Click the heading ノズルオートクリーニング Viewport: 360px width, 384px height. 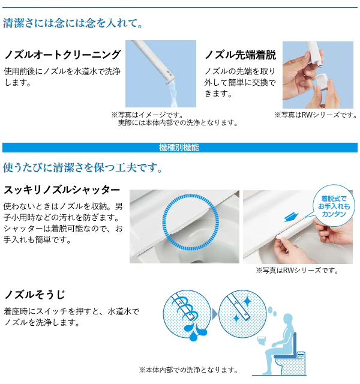(62, 55)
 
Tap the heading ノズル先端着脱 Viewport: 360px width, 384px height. (240, 55)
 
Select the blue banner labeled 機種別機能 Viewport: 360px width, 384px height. (179, 148)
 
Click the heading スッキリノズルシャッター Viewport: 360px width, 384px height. (62, 190)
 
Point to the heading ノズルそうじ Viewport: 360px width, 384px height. (34, 295)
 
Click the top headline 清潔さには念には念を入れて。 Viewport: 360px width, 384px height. (73, 24)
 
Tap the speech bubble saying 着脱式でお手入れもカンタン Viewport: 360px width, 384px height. (334, 206)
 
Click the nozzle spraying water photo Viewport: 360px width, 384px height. (160, 73)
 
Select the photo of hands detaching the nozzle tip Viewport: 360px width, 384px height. (310, 74)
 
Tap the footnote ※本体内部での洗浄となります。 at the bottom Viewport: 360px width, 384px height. (188, 370)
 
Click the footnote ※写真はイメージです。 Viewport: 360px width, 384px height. (147, 115)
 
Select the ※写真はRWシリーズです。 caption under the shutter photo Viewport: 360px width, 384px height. (297, 271)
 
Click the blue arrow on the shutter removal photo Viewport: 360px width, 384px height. (290, 216)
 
